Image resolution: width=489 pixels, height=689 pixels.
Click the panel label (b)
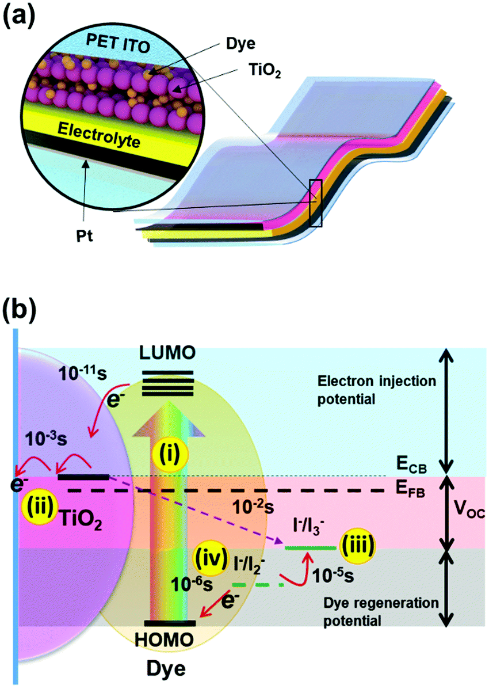(x=22, y=310)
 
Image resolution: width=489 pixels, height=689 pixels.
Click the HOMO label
(x=171, y=638)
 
